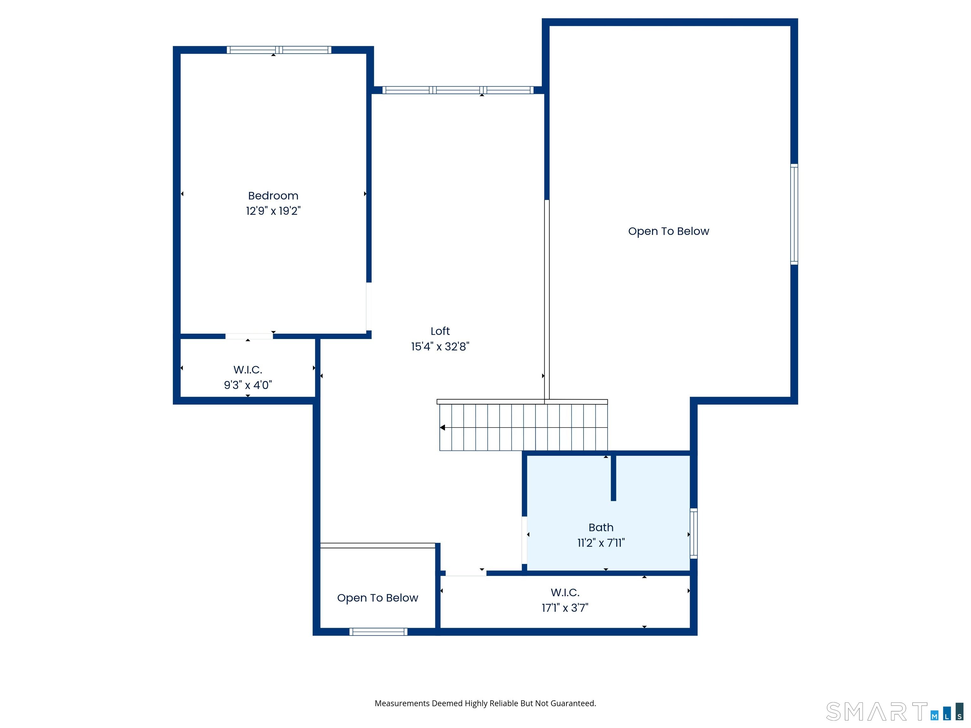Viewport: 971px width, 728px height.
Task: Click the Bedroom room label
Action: pyautogui.click(x=273, y=196)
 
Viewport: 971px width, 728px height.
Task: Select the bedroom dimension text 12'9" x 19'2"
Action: pyautogui.click(x=273, y=211)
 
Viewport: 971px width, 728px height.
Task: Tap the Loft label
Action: pyautogui.click(x=440, y=331)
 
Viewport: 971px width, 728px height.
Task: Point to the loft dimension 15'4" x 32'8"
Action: pyautogui.click(x=440, y=347)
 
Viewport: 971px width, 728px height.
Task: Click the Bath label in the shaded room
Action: pyautogui.click(x=601, y=527)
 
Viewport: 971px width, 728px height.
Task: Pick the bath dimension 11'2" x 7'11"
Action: pyautogui.click(x=601, y=543)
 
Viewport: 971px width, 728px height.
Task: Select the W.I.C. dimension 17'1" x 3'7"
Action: pyautogui.click(x=565, y=608)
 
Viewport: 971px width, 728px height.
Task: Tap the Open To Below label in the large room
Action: pyautogui.click(x=669, y=231)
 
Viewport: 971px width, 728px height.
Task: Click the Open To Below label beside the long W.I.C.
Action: pyautogui.click(x=377, y=598)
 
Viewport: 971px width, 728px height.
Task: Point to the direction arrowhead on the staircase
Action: pyautogui.click(x=443, y=428)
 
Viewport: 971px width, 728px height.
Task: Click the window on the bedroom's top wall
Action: pyautogui.click(x=279, y=50)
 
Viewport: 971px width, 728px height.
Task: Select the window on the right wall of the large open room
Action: pyautogui.click(x=794, y=214)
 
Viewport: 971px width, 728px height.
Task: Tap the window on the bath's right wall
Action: pyautogui.click(x=693, y=533)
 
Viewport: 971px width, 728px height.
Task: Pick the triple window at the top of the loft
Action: pyautogui.click(x=458, y=90)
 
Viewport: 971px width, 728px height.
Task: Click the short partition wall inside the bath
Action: pyautogui.click(x=613, y=478)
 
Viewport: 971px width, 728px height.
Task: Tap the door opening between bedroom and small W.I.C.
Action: pyautogui.click(x=249, y=336)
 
